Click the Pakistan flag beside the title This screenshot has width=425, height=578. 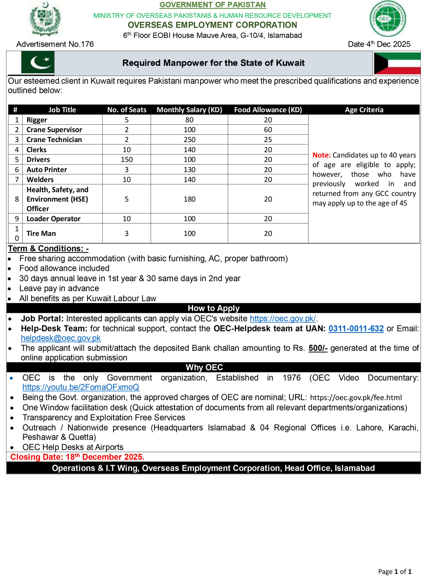click(38, 62)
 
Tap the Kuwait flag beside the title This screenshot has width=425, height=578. click(397, 63)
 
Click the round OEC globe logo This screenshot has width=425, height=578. click(388, 19)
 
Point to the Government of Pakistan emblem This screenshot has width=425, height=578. click(45, 19)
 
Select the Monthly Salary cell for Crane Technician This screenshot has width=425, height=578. click(189, 140)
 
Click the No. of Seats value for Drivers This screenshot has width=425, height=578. click(126, 159)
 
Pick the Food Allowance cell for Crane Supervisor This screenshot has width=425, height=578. click(268, 130)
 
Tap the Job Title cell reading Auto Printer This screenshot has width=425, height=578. click(47, 170)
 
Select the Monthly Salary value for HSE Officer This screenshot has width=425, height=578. click(189, 199)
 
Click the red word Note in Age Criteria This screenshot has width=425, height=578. click(321, 155)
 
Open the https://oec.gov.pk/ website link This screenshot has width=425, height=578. click(283, 319)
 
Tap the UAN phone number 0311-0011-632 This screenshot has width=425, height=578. click(356, 329)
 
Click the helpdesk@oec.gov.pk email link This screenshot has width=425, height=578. click(61, 338)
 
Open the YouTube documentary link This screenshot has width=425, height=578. click(81, 387)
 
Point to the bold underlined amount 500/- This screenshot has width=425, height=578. click(318, 348)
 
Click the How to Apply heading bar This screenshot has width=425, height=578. click(214, 308)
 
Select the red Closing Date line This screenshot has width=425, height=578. click(77, 457)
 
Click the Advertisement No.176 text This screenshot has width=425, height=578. click(55, 44)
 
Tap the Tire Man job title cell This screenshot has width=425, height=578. click(41, 233)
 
